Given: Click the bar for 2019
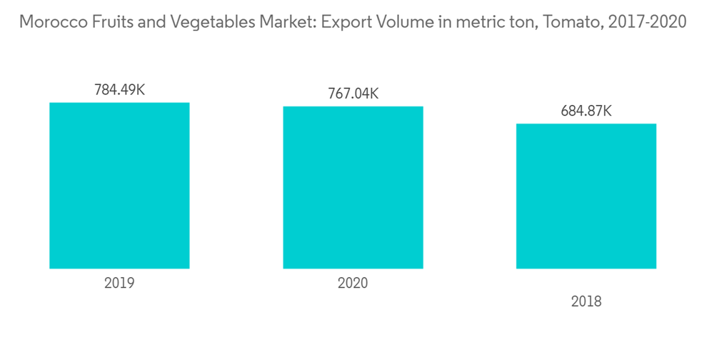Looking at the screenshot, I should [119, 186].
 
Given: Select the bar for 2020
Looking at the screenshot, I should [353, 188].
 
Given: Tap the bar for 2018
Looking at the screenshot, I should [586, 196].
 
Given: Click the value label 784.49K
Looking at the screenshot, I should [119, 91].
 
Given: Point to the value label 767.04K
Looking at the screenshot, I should [353, 94].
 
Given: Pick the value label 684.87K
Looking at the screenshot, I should [586, 111].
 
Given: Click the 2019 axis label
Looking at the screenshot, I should [119, 283].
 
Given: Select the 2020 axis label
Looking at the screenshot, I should [353, 283].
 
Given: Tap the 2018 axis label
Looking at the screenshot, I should [586, 301].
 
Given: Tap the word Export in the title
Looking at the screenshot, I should [343, 22].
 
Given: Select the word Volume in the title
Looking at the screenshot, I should [397, 22].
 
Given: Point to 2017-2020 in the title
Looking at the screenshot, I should [646, 22].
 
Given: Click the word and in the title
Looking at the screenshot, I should [143, 22].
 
